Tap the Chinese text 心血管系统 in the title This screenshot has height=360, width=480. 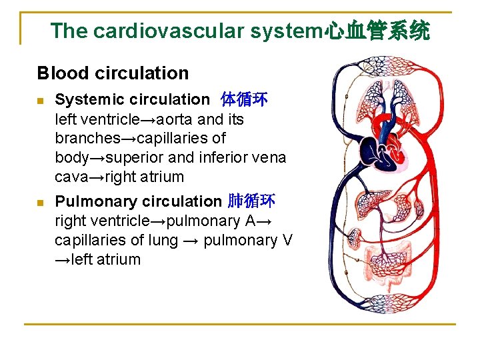377,31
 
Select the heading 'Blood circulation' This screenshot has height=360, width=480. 113,73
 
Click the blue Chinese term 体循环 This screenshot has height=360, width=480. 244,100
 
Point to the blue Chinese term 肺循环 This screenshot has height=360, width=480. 251,201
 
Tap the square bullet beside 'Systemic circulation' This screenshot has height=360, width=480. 41,101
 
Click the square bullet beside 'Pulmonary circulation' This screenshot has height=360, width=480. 41,202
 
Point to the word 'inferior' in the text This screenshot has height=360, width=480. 229,158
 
